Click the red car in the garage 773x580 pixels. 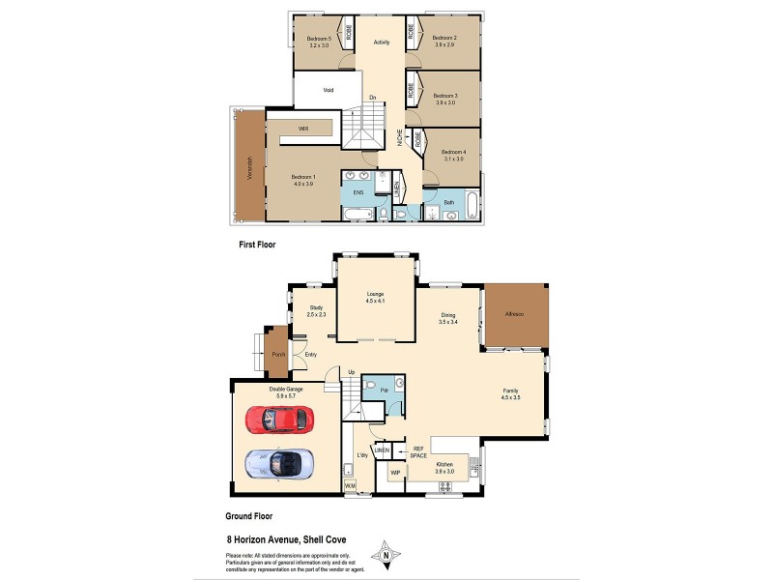pyautogui.click(x=279, y=419)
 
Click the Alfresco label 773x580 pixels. pyautogui.click(x=514, y=315)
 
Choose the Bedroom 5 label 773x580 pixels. pyautogui.click(x=319, y=39)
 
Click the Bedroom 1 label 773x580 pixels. pyautogui.click(x=303, y=177)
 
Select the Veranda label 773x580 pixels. pyautogui.click(x=249, y=169)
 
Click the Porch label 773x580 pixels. pyautogui.click(x=278, y=354)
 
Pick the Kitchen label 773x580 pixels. pyautogui.click(x=444, y=465)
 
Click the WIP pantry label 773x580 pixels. pyautogui.click(x=394, y=473)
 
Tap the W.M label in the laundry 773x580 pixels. pyautogui.click(x=351, y=484)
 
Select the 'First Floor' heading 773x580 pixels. pyautogui.click(x=257, y=246)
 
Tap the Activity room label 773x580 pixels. pyautogui.click(x=381, y=42)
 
